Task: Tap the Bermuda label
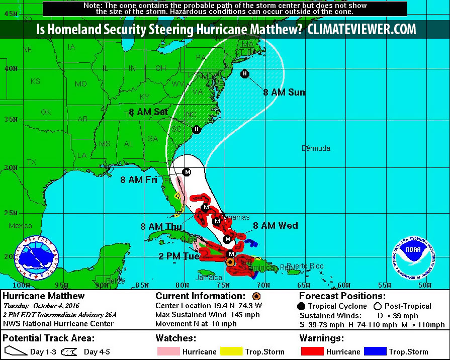316,148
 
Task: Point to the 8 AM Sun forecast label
284,93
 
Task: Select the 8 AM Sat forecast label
148,112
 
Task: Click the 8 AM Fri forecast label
138,179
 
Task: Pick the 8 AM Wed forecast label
275,226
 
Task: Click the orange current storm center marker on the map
230,262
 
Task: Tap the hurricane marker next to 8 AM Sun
245,74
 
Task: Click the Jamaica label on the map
209,278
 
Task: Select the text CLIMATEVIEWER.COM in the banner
362,30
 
